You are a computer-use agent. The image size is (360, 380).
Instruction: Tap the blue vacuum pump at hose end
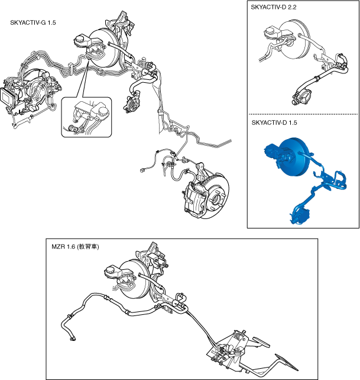299,215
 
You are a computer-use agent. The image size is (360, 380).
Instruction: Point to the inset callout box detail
86,117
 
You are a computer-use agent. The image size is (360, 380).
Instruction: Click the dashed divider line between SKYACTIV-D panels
303,114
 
